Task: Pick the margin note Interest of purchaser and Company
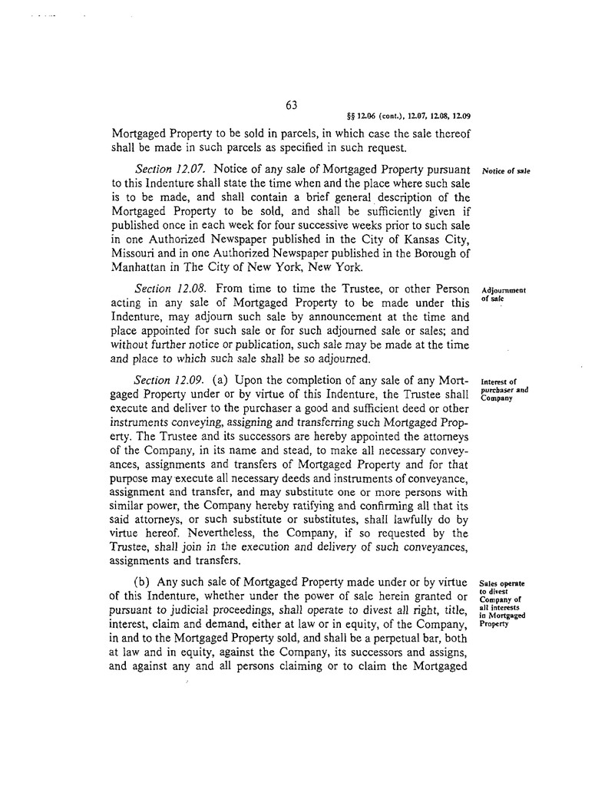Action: point(504,389)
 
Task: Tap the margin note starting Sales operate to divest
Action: point(502,602)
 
